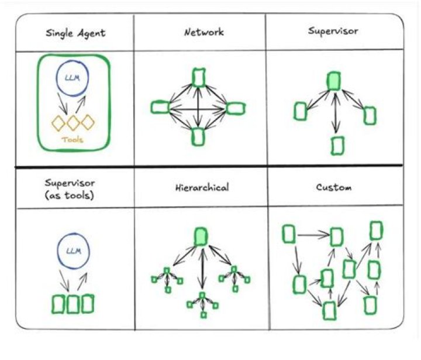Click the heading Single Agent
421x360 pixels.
coord(76,33)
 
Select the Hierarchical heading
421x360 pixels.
coord(202,188)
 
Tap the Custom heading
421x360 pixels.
coord(334,188)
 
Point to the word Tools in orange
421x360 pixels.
coord(73,140)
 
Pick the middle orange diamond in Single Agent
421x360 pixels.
coord(73,123)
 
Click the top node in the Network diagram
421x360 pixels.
coord(199,77)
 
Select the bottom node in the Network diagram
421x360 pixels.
coord(198,136)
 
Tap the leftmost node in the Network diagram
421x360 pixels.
coord(160,107)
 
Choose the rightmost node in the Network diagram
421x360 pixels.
coord(234,108)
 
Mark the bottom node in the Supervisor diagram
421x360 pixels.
coord(337,145)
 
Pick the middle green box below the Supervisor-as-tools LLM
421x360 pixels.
coord(73,304)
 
